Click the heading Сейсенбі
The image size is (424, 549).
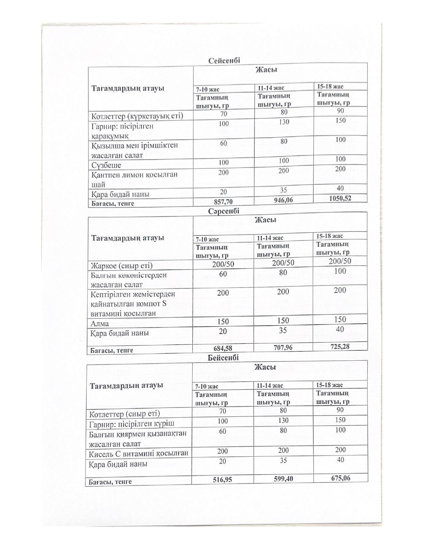click(x=224, y=61)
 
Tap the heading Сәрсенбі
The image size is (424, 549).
click(x=224, y=211)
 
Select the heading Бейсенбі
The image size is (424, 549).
click(x=223, y=358)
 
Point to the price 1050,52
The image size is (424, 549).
click(x=340, y=198)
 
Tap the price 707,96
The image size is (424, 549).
click(x=283, y=347)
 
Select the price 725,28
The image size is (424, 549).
click(x=340, y=346)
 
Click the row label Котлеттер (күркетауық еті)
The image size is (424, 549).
click(x=137, y=116)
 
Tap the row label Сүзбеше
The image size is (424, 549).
click(x=106, y=165)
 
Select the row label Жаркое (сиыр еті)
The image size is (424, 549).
click(x=121, y=266)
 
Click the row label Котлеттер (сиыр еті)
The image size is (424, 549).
click(x=124, y=414)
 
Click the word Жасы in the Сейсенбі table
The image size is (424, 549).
click(x=266, y=70)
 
